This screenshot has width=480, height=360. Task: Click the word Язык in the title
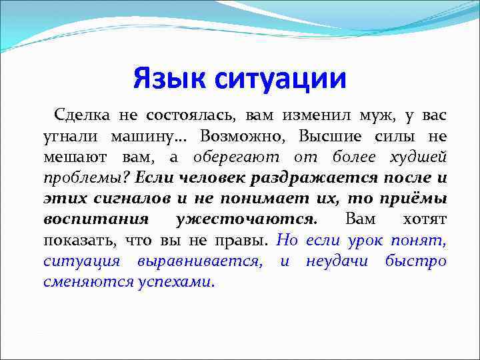[169, 79]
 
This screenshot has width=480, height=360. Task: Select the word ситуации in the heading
[281, 79]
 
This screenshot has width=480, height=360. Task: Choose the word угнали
[64, 137]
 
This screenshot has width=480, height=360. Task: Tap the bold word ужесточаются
[245, 219]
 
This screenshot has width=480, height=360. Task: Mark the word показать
[73, 240]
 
